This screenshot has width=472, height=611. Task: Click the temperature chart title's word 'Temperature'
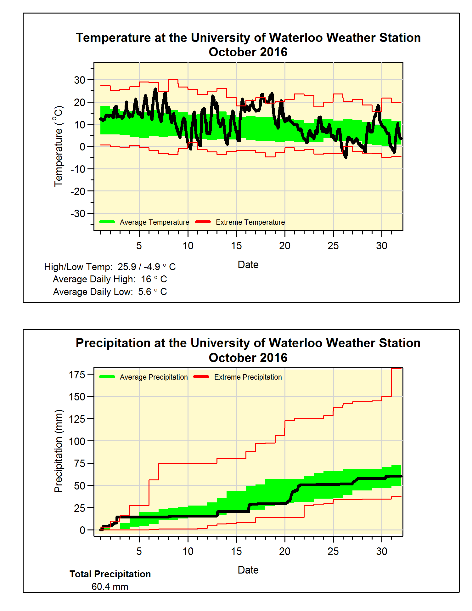[x=113, y=38]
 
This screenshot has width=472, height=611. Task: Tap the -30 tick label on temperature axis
[x=78, y=214]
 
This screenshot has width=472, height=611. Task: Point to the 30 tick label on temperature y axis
[x=80, y=80]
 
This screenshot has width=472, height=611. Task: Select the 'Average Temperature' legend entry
[x=154, y=222]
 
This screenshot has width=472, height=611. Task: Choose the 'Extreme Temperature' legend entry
[x=250, y=222]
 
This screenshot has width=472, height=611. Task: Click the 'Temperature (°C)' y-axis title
[x=59, y=146]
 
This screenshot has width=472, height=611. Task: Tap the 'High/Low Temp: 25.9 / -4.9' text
[x=110, y=267]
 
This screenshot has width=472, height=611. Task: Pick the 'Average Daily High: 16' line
[x=110, y=279]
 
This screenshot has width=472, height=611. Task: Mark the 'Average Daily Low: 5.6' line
[x=110, y=292]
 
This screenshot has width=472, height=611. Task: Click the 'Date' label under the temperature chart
[x=248, y=265]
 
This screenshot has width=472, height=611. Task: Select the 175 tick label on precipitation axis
[x=77, y=375]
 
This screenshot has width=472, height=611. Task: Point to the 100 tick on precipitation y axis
[x=77, y=441]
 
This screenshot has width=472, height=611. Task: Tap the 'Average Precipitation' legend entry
[x=154, y=377]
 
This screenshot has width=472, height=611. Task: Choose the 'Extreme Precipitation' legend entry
[x=248, y=377]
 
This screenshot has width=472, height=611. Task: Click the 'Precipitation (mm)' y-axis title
[x=59, y=451]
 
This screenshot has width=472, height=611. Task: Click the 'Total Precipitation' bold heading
[x=110, y=574]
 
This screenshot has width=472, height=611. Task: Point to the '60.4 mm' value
[x=110, y=587]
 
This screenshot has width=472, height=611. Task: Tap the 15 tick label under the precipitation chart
[x=236, y=552]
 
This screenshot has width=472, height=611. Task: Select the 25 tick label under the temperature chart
[x=333, y=246]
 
